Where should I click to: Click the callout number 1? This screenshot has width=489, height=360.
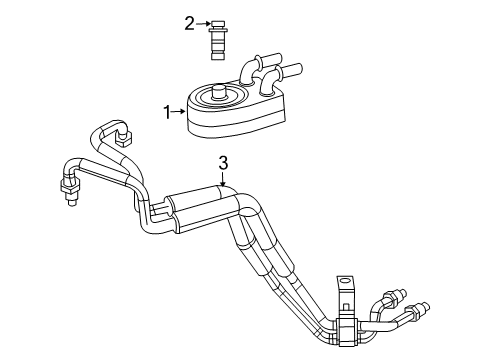[167, 112]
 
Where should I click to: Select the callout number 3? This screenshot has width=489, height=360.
[223, 163]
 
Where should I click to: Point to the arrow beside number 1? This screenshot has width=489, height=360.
[179, 112]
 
